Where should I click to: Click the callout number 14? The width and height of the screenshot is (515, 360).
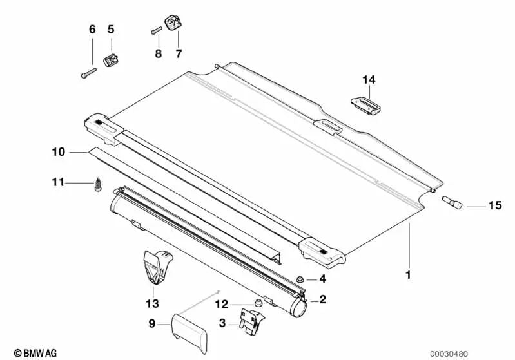tap(368, 80)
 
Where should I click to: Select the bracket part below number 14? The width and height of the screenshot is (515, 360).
tap(365, 104)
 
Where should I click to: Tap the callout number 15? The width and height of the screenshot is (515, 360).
tap(494, 207)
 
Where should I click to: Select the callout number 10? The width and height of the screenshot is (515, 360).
tap(59, 152)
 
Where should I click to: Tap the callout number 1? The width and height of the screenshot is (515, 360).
tap(407, 275)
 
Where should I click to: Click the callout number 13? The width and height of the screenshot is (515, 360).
tap(152, 302)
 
